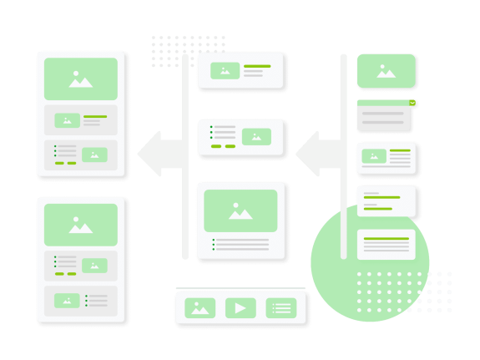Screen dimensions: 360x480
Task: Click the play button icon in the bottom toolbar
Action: coord(240,308)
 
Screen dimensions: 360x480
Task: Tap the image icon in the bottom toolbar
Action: coord(200,308)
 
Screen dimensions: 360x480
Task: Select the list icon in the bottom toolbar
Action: coord(281,308)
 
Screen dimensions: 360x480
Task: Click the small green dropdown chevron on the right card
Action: coord(412,104)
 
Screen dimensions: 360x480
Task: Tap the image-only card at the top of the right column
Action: coord(386,71)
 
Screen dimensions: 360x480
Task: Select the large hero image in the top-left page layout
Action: coord(81,79)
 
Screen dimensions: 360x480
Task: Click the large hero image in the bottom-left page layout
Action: coord(81,225)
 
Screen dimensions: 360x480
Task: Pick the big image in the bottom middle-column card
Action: coord(240,210)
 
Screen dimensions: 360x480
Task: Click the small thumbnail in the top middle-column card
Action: coord(225,71)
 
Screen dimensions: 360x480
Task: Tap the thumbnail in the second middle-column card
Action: coord(256,136)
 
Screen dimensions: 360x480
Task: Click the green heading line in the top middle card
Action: coord(257,66)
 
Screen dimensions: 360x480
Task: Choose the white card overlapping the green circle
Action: coord(386,245)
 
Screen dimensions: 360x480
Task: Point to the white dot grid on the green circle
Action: coord(387,292)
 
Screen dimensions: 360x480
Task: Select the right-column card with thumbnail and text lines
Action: coord(386,158)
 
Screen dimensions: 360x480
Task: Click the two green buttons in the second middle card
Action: coord(223,146)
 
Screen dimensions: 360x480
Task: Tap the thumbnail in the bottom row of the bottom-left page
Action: coord(67,300)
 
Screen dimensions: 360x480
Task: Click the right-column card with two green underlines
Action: coord(386,201)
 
